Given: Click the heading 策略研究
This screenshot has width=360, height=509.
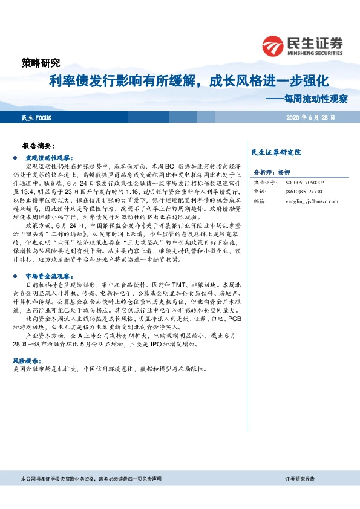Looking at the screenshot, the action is pyautogui.click(x=41, y=62).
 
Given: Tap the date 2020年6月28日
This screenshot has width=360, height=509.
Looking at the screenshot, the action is pyautogui.click(x=310, y=117).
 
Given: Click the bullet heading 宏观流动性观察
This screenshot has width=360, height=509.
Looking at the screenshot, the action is pyautogui.click(x=48, y=157).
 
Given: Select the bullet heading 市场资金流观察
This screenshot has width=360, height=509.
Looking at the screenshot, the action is pyautogui.click(x=48, y=258).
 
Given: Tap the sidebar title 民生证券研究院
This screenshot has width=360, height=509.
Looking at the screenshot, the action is pyautogui.click(x=275, y=152).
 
